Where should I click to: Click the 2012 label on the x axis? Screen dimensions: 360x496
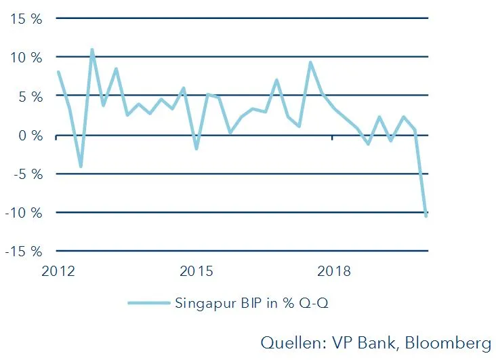(x=58, y=272)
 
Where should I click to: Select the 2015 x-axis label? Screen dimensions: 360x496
(x=197, y=272)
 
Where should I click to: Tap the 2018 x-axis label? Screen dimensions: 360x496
(x=334, y=272)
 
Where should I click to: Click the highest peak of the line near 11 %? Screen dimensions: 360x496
(x=91, y=49)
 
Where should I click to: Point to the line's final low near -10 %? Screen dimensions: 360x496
(x=426, y=216)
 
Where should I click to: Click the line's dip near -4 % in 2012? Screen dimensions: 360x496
(x=81, y=166)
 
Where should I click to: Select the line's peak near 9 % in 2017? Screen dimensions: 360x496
(x=310, y=62)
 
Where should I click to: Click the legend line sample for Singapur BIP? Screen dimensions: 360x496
(x=148, y=303)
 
